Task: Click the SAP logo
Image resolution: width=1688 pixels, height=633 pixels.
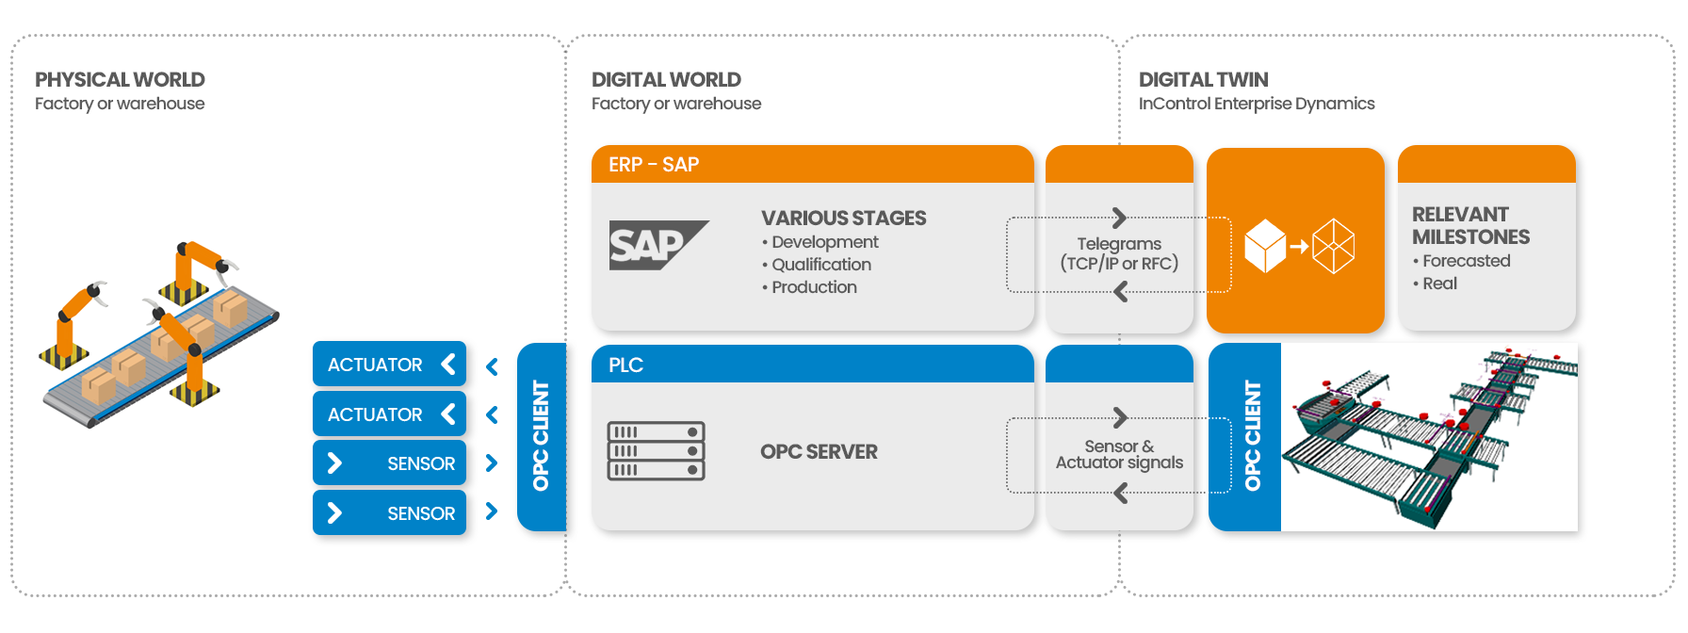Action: (x=657, y=245)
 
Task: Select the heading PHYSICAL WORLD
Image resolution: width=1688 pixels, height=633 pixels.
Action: (x=120, y=79)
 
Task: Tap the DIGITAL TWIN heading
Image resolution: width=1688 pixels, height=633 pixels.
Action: (x=1203, y=79)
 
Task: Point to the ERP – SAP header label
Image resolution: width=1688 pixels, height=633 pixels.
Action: (x=654, y=165)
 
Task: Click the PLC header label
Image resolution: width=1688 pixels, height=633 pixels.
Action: (x=625, y=365)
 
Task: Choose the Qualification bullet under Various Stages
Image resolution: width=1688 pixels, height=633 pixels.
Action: (x=820, y=265)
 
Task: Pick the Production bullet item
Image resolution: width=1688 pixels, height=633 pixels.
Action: (x=814, y=287)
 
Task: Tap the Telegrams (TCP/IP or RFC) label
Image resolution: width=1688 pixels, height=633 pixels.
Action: (x=1119, y=253)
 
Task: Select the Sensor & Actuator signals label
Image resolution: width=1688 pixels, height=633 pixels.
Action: (x=1119, y=454)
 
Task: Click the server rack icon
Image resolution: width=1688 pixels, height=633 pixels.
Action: (x=656, y=451)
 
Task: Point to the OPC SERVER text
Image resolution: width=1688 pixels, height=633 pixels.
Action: (x=819, y=452)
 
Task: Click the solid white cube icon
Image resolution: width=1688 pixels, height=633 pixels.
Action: (x=1264, y=246)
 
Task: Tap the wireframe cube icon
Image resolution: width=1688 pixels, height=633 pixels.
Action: (x=1333, y=246)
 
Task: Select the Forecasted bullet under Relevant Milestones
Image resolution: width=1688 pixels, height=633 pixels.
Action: (x=1466, y=261)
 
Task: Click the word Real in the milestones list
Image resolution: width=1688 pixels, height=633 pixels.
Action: (x=1439, y=284)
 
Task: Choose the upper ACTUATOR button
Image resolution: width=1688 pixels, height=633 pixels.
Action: (x=389, y=365)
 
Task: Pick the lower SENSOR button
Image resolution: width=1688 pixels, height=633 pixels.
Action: (x=389, y=513)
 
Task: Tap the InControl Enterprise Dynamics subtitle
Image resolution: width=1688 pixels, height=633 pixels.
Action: (x=1256, y=104)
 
